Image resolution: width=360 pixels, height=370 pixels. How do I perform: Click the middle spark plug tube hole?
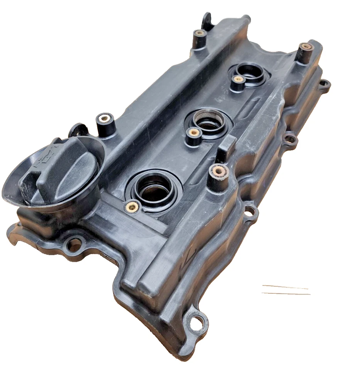pos(209,122)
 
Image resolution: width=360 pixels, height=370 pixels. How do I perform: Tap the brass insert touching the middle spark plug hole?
pos(193,133)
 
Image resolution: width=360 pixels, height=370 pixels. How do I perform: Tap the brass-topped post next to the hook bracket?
pos(199,34)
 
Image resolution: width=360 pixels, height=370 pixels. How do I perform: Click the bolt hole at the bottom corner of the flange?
pos(197,320)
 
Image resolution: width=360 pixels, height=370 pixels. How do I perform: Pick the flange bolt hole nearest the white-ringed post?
pos(251,211)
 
